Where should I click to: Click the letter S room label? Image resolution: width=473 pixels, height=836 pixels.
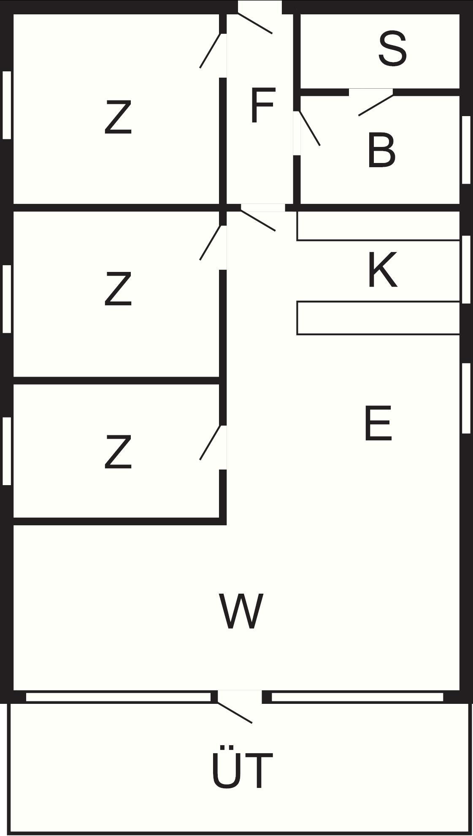(x=392, y=50)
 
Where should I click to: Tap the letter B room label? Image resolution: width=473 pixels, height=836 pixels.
(x=381, y=150)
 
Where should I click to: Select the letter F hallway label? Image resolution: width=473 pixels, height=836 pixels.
(x=262, y=106)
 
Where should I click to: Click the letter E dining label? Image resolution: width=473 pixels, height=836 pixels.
(x=378, y=423)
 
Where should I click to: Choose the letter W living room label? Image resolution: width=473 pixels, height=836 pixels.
(x=241, y=611)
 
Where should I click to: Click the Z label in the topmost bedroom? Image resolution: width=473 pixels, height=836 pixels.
(x=118, y=117)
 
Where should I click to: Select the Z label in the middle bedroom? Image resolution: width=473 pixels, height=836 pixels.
(x=118, y=289)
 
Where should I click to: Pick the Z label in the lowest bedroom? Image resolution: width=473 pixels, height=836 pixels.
(x=118, y=452)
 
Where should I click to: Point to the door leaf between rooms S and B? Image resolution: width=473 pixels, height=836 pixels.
(x=376, y=105)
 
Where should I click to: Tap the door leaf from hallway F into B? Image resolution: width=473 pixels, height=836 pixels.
(x=310, y=128)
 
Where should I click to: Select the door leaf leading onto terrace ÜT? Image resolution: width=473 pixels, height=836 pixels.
(x=235, y=712)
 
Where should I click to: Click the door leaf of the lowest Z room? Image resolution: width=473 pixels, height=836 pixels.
(x=210, y=442)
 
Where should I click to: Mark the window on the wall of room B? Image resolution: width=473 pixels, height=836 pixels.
(x=466, y=150)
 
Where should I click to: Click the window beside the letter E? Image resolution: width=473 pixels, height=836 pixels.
(x=466, y=398)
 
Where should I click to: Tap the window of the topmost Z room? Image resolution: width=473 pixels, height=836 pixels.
(x=7, y=105)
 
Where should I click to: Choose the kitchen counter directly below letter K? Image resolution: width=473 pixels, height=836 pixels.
(x=378, y=318)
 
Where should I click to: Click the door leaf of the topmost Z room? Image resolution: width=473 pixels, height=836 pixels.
(x=210, y=51)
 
